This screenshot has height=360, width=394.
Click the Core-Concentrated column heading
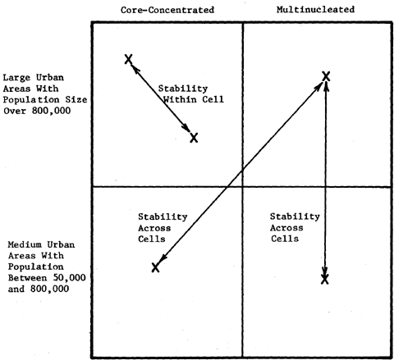pos(167,10)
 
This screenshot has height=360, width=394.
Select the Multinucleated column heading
pos(315,10)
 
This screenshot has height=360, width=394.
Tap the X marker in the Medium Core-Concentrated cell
pos(155,267)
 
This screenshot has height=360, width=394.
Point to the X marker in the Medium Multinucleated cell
pos(325,280)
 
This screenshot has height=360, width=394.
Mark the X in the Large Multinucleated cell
pos(326,76)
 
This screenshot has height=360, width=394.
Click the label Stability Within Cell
pos(191,94)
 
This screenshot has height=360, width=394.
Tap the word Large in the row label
pos(16,78)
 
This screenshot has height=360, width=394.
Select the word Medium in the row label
pos(24,244)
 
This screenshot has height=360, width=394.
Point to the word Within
pos(180,99)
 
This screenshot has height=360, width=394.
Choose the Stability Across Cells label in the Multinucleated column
pos(295,228)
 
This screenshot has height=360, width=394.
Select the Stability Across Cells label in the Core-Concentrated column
pos(163,228)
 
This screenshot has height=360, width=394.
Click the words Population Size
pos(45,100)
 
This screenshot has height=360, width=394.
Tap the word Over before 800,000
pos(15,111)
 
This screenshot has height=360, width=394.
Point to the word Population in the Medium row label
pos(35,267)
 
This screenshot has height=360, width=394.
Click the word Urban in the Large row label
pos(50,78)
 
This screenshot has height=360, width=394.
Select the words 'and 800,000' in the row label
pos(39,289)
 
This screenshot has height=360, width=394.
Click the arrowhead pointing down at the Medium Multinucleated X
pos(325,272)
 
